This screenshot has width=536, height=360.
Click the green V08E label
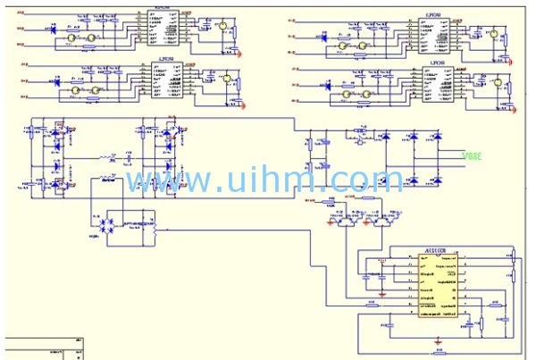(x=471, y=155)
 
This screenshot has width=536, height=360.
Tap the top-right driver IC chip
(x=437, y=32)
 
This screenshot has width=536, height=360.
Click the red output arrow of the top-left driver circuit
(x=240, y=52)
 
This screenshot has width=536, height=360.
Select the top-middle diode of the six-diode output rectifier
(x=414, y=136)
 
